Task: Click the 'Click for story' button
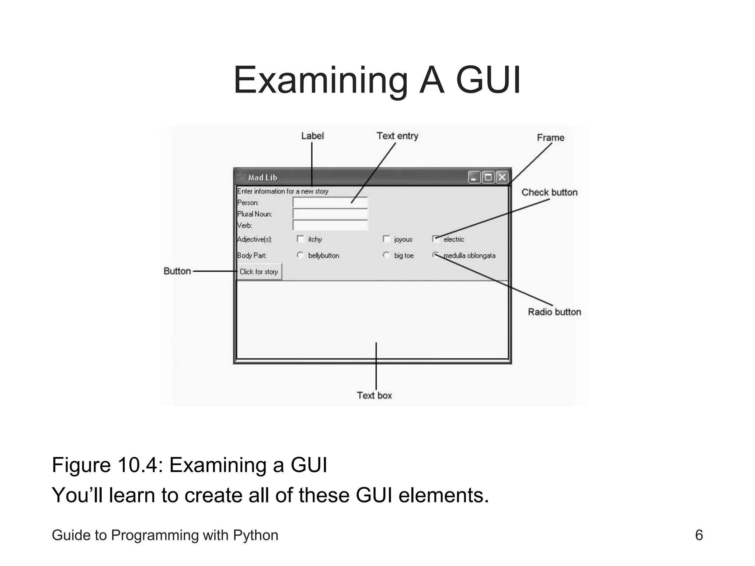tap(259, 272)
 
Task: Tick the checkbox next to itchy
tap(300, 239)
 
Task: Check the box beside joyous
tap(386, 239)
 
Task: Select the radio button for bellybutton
tap(300, 255)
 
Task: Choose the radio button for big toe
tap(386, 255)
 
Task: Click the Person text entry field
tap(330, 202)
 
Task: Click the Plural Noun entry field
tap(330, 214)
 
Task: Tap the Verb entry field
tap(330, 225)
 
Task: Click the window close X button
tap(502, 177)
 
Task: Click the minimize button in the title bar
tap(474, 177)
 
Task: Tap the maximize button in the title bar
tap(488, 177)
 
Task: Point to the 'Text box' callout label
tap(374, 395)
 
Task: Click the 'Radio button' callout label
tap(554, 312)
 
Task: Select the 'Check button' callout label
tap(549, 192)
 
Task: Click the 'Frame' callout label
tap(550, 138)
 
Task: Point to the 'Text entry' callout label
tap(397, 136)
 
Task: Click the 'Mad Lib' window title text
tap(262, 178)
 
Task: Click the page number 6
tap(699, 535)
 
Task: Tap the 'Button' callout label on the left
tap(177, 271)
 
